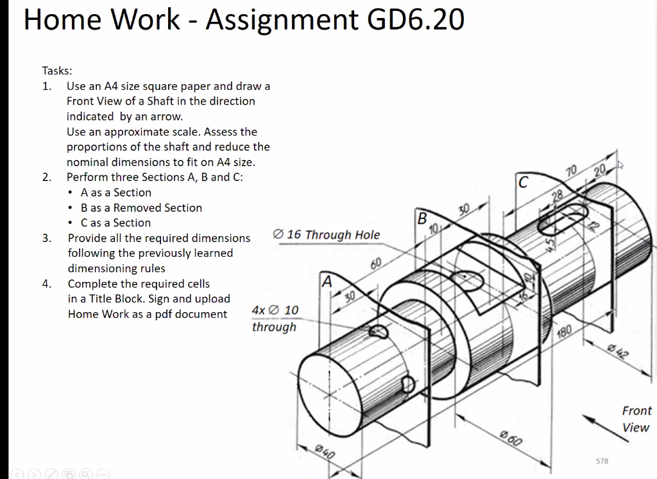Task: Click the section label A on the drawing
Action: [x=328, y=281]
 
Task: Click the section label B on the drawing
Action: [x=422, y=218]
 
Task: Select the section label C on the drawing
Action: [x=524, y=182]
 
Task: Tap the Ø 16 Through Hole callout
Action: [x=327, y=235]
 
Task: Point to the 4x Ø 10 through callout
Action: [x=275, y=318]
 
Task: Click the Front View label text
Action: [x=636, y=419]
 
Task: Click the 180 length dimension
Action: [x=564, y=331]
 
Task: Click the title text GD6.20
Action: [x=416, y=20]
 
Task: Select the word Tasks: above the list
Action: [x=57, y=71]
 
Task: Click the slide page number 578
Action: [x=602, y=461]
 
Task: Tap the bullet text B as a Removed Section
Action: [x=141, y=207]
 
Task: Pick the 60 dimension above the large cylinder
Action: [x=376, y=264]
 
